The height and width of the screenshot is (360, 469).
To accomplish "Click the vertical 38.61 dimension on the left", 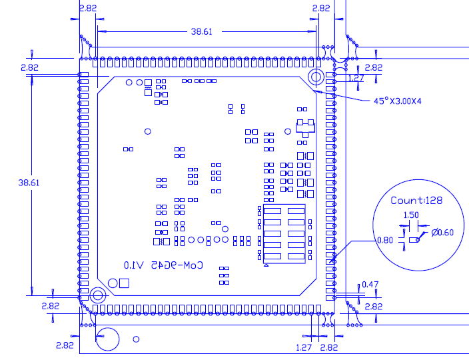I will click(29, 182).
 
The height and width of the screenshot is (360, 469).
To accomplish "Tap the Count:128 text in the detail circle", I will click(416, 200).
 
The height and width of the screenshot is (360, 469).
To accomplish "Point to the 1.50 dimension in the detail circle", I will click(411, 215).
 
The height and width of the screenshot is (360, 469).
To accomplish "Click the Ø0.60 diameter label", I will click(442, 232).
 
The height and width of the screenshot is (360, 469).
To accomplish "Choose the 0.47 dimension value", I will click(370, 285).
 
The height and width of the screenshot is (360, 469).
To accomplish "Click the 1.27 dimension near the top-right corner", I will click(357, 78).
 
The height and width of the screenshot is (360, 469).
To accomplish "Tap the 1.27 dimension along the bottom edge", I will click(304, 347).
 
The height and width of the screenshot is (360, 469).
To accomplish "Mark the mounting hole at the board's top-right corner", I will click(317, 76).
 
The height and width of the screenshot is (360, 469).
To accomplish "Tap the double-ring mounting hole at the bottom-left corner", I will click(98, 295).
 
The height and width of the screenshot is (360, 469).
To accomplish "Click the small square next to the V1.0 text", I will click(123, 283).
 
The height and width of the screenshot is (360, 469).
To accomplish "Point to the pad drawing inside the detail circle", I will click(414, 239).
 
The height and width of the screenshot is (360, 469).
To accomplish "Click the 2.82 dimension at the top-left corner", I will click(87, 9).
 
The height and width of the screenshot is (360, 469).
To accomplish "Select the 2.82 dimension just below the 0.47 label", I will click(374, 306).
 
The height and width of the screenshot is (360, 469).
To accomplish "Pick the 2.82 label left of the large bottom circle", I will click(65, 345).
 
